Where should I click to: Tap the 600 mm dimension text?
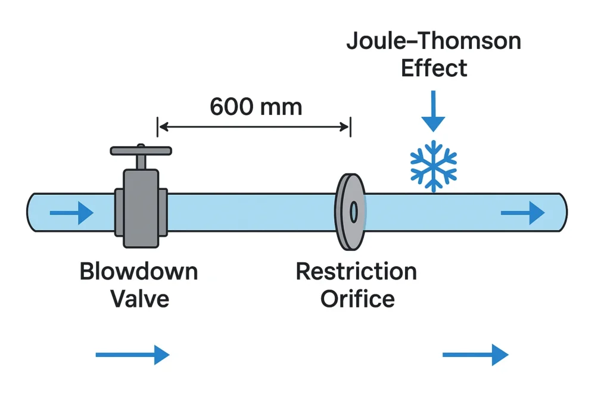[x=256, y=107]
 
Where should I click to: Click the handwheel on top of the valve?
[x=141, y=151]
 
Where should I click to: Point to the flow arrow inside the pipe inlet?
[x=71, y=212]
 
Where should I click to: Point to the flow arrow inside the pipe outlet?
[x=522, y=212]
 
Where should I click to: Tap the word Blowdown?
[x=139, y=272]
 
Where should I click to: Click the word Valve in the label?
[x=140, y=298]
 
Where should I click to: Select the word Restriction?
[x=356, y=272]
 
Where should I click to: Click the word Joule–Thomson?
[x=434, y=41]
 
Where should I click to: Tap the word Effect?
[x=434, y=68]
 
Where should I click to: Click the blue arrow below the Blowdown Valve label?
[x=132, y=355]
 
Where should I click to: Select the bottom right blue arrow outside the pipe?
[x=475, y=355]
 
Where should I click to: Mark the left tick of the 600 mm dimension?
[x=158, y=126]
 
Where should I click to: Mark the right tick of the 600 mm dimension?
[x=350, y=126]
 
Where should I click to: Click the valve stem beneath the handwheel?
[x=141, y=162]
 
